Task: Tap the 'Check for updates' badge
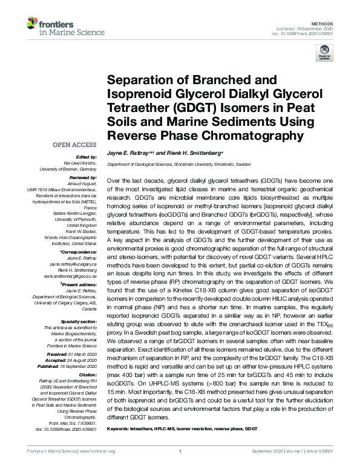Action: [x=325, y=54]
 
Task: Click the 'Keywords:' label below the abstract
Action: [x=119, y=428]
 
